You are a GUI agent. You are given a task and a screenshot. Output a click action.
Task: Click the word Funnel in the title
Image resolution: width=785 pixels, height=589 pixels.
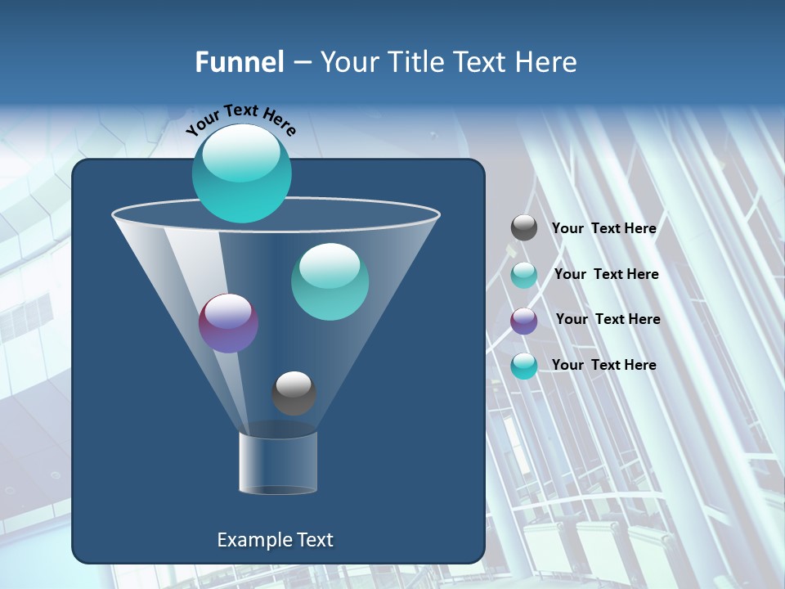239,62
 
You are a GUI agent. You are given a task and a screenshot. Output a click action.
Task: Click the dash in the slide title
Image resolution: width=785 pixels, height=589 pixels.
302,63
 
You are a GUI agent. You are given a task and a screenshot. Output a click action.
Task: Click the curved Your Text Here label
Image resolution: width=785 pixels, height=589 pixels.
241,119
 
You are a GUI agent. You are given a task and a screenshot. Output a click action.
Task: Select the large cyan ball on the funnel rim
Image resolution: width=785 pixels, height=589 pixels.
242,173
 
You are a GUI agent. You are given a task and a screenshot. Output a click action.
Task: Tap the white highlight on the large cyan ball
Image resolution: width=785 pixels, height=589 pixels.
240,155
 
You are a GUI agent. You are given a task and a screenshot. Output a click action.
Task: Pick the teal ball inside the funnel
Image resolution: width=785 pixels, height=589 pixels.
330,282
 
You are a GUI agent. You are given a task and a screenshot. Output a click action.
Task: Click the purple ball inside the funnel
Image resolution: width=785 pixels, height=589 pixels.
229,323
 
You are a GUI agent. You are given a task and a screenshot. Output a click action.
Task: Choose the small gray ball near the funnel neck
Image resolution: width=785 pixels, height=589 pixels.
294,393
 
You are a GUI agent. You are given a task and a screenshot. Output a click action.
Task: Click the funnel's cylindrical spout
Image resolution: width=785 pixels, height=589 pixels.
278,463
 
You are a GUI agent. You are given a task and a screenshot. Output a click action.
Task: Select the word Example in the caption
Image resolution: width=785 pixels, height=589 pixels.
249,540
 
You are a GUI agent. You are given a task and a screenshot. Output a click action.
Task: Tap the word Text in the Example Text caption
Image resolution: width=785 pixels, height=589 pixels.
313,540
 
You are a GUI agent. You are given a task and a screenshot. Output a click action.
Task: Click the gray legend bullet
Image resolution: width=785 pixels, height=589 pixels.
524,227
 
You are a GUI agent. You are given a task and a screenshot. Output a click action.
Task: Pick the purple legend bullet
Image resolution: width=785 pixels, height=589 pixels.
524,321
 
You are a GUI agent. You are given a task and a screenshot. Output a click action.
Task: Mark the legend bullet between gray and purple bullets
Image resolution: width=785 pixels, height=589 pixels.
524,275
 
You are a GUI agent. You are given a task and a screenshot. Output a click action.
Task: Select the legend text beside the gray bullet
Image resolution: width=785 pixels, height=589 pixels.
603,228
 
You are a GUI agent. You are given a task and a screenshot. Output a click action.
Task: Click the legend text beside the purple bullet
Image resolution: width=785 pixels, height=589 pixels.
608,319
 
